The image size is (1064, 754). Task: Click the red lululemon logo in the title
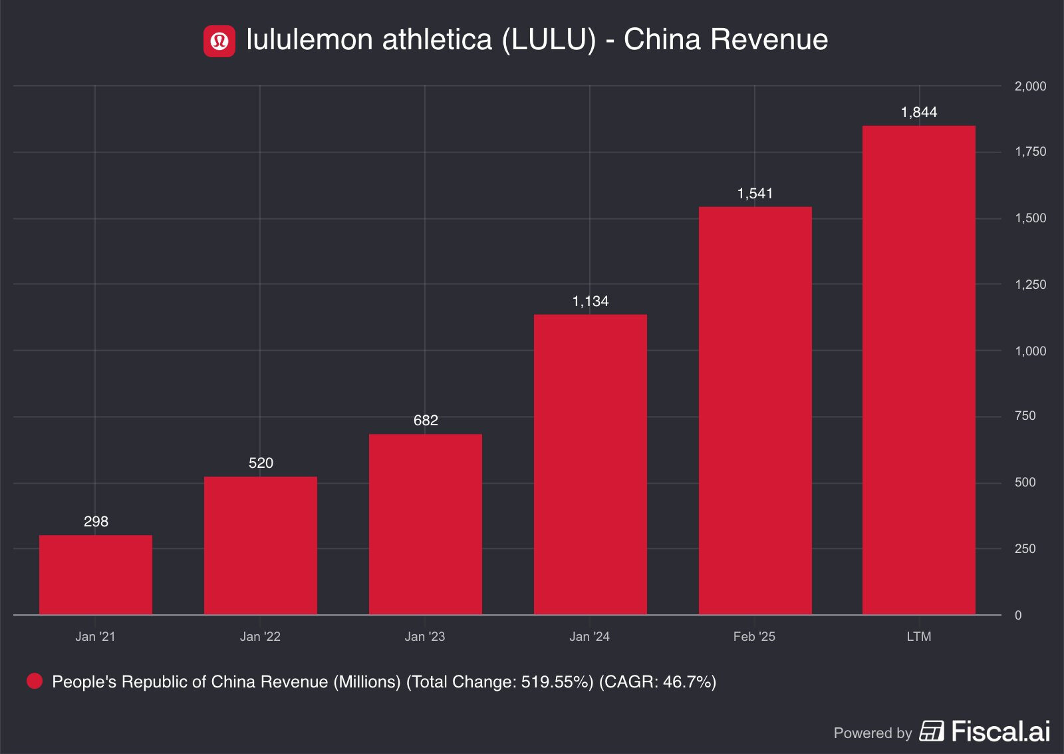[x=219, y=41]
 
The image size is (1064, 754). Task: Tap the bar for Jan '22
[x=261, y=546]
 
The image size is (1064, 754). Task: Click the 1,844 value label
[x=919, y=112]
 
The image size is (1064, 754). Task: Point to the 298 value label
[x=96, y=522]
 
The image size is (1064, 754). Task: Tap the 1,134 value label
[x=591, y=301]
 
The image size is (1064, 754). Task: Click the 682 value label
[x=426, y=421]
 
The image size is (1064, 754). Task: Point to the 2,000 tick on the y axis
[x=1030, y=87]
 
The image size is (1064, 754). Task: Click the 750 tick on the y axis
[x=1025, y=416]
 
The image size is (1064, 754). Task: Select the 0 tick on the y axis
[x=1018, y=616]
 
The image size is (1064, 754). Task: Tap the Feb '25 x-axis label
[x=754, y=637]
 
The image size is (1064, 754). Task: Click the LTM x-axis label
[x=919, y=637]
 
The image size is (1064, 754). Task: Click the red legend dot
[x=35, y=681]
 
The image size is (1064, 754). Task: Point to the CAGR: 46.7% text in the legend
[x=658, y=682]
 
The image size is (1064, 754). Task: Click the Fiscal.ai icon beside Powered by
[x=932, y=731]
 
